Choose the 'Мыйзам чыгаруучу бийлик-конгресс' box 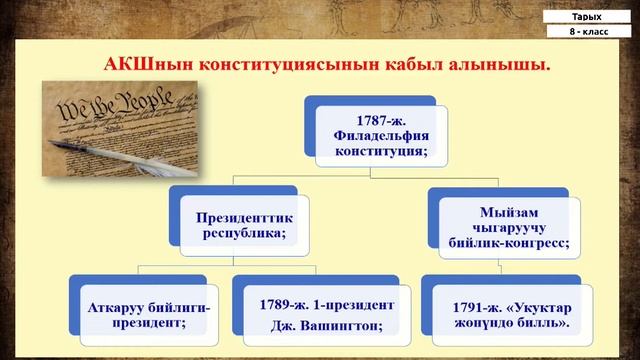(x=518, y=221)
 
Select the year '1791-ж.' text (x=456, y=304)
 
